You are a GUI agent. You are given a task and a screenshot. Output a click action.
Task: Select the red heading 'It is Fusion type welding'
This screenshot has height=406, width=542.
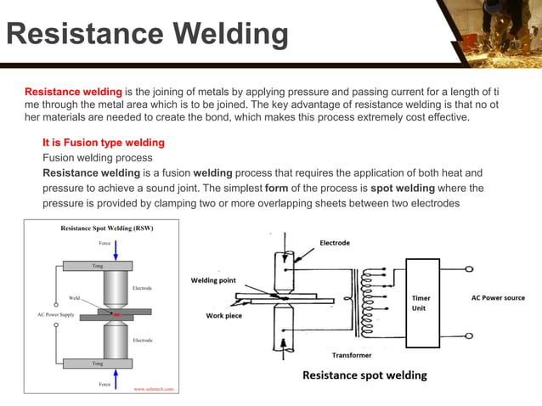coord(103,143)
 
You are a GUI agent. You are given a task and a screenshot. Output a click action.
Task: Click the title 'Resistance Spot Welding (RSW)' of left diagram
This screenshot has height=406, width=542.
coord(107,228)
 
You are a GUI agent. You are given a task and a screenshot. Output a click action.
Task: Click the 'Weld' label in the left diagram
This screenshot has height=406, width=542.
coord(75,298)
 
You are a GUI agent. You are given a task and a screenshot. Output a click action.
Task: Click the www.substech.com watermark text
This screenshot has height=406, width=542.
coord(153,388)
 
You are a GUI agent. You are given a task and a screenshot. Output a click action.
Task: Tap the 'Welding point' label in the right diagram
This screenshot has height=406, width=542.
coord(213,280)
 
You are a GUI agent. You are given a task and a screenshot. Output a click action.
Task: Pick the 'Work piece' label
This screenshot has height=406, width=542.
coord(227,315)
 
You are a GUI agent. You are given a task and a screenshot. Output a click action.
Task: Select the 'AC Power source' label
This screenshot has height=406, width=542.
coord(498,298)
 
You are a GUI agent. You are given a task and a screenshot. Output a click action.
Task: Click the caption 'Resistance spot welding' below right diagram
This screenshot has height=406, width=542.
coord(364,375)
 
